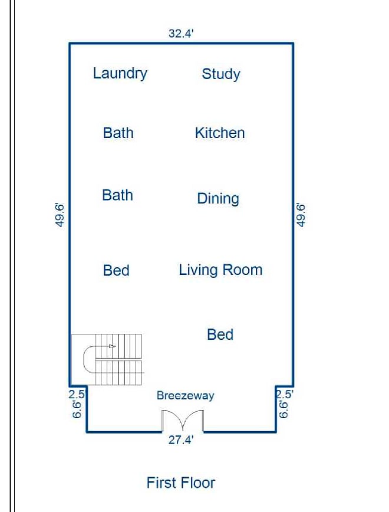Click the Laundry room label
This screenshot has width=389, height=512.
(120, 74)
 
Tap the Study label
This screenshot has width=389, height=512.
(221, 74)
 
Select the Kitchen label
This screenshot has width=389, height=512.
(220, 133)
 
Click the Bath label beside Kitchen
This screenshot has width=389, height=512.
(118, 133)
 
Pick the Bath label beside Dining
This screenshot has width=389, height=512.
(117, 195)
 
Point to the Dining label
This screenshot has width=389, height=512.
(218, 199)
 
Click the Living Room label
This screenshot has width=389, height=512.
(220, 270)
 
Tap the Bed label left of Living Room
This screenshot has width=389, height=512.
(116, 270)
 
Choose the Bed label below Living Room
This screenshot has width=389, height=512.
(220, 334)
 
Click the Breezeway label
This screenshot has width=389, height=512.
(185, 396)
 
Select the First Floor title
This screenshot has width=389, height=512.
(181, 483)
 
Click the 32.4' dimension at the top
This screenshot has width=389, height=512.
(181, 33)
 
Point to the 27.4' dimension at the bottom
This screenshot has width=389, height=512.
(181, 440)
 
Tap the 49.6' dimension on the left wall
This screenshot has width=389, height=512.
(60, 215)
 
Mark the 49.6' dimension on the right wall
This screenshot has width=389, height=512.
(301, 215)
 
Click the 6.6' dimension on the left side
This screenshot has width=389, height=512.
(77, 409)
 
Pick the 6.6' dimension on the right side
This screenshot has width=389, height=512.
(283, 409)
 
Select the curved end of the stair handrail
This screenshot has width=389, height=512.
(84, 359)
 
